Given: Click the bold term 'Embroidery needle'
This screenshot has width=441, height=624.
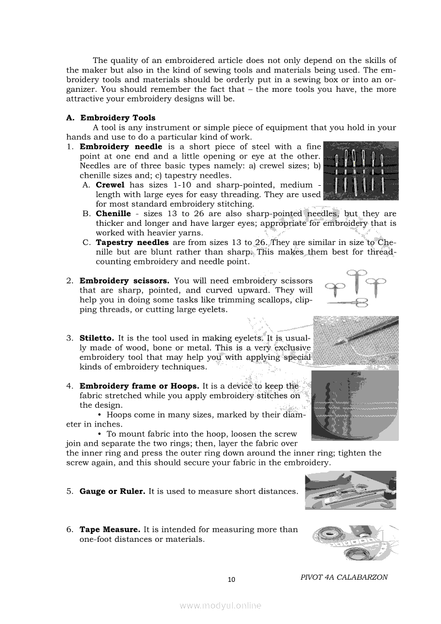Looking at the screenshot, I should coord(121,146).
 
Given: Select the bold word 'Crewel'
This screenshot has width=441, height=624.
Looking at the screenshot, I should coord(110,185).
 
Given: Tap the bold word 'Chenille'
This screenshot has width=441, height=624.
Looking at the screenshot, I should coord(113,214).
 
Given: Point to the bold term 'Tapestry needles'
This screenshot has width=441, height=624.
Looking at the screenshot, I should coord(132,242).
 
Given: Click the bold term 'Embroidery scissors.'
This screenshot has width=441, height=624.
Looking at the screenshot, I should coord(124,280).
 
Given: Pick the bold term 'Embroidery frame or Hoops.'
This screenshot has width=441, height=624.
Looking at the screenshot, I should coord(139,386).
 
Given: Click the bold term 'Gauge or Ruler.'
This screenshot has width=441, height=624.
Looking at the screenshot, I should coord(112,491).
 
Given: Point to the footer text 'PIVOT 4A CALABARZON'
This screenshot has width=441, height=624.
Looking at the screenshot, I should coord(344,577).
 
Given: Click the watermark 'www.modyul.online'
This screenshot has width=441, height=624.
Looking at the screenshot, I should coord(220,605).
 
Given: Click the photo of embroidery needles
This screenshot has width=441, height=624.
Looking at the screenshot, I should coord(361,171).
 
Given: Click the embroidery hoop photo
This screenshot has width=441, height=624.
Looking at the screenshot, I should coord(355,406).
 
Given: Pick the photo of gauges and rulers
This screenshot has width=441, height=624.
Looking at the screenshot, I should coord(350,489).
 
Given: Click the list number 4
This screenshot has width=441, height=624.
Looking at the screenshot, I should coord(69,386).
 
